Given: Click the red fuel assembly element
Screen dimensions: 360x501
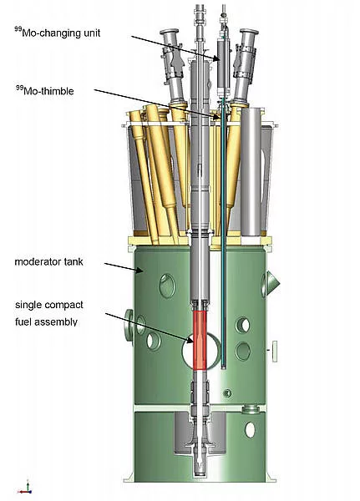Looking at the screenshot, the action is coord(200,340).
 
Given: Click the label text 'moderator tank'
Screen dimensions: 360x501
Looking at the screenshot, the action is coord(49,262).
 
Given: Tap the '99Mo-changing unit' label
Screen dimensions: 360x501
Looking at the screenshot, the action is coord(58,33).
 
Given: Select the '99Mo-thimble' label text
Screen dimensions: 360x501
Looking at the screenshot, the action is coord(45,91).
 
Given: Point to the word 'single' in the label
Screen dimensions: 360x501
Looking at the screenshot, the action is coord(28,305).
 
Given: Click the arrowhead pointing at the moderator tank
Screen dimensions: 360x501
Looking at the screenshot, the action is coord(139,271).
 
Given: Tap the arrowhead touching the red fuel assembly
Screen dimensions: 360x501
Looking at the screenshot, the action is coord(190,341).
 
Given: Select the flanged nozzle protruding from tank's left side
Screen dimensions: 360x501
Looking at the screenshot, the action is coord(129,327).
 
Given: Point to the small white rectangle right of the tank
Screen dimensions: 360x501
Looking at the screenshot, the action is coord(275,352).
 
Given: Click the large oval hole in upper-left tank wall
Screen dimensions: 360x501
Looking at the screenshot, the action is coord(167,286).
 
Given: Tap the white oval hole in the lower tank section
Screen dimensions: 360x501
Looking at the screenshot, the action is coord(250,430).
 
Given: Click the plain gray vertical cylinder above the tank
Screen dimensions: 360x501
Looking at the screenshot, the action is coord(251,172).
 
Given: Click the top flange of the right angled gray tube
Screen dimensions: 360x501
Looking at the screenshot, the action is coord(249,32).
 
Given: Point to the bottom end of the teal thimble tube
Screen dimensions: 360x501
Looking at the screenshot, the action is coord(224,367).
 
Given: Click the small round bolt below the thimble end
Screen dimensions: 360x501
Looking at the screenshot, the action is coord(227,393).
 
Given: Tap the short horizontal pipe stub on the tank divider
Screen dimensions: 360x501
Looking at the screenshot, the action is coord(251,408).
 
